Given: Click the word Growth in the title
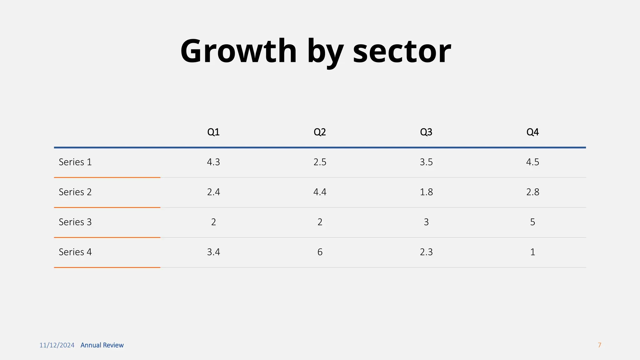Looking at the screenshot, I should pos(238,51).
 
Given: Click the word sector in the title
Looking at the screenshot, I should pos(402,51).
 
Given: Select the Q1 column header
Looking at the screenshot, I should pos(213,132).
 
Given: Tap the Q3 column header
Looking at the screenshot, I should pos(426,132).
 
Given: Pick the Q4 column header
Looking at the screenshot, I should pos(532,132).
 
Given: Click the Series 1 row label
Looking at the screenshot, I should pos(75,162).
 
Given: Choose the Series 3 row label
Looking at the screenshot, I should pos(75,222).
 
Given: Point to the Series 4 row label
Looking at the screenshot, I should pos(75,252).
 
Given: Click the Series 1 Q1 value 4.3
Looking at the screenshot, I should pos(213,162).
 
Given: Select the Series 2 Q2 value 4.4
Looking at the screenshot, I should pos(320,192).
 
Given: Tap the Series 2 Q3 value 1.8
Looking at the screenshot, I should pos(426,192).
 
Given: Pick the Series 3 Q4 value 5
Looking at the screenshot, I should pos(532,222).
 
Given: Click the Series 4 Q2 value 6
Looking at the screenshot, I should pos(320,252).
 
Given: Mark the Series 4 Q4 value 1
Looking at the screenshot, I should pos(532,252).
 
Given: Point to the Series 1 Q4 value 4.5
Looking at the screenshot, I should pos(532,162).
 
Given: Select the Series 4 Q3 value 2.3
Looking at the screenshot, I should pos(426,252).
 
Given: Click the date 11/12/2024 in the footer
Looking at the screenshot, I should pos(57,345).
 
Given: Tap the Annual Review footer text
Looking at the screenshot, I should pos(102,345).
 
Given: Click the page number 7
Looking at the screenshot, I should pos(599,345).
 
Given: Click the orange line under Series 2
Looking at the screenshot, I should pos(107,207).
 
